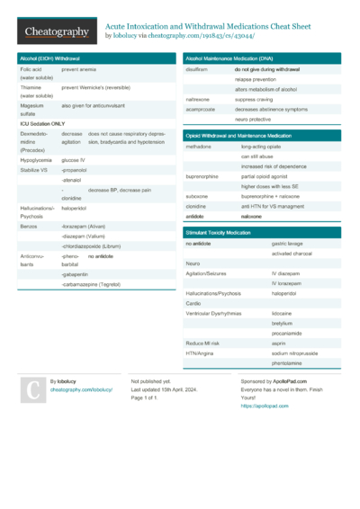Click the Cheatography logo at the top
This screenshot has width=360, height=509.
56,31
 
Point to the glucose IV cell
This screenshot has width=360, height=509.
74,158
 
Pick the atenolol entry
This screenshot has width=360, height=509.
72,181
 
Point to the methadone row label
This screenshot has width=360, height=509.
198,146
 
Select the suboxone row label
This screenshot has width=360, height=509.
197,195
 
